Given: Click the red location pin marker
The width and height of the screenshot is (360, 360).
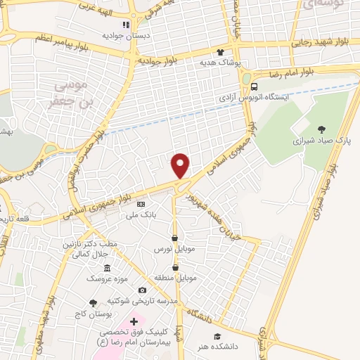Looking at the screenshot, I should point(181,165).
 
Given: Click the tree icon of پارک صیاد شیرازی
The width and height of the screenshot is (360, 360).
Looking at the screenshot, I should point(321,129).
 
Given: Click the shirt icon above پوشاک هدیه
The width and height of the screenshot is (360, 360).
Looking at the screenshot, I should point(220,52).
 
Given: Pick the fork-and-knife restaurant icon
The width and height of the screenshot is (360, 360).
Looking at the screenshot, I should point(125,25).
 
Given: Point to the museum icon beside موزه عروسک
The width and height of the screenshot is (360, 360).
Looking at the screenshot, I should point(106,269).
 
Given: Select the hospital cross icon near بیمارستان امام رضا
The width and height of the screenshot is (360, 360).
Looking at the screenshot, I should point(134,321).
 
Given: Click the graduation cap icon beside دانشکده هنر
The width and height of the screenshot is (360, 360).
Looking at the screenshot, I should point(217,337).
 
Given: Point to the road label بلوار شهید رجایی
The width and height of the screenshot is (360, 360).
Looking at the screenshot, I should point(320,42).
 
